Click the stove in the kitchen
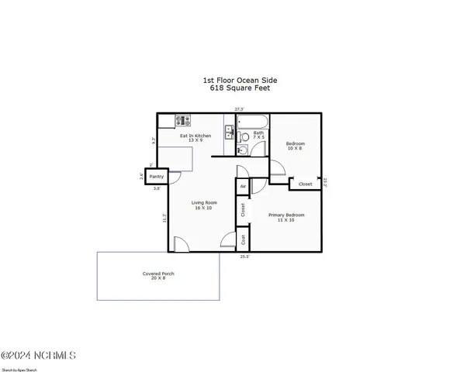coord(182,121)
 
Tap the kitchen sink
coord(230,131)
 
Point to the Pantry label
coord(157,177)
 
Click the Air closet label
coord(243,187)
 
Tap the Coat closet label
coord(243,239)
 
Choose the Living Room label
coord(202,205)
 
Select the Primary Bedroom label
coord(286,217)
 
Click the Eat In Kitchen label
coord(195,138)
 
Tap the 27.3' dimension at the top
coord(240,109)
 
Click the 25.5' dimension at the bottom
coord(244,256)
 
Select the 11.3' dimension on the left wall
coord(164,219)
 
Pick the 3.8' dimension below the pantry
coord(157,188)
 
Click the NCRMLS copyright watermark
coord(39,355)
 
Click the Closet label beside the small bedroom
coord(306,184)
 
